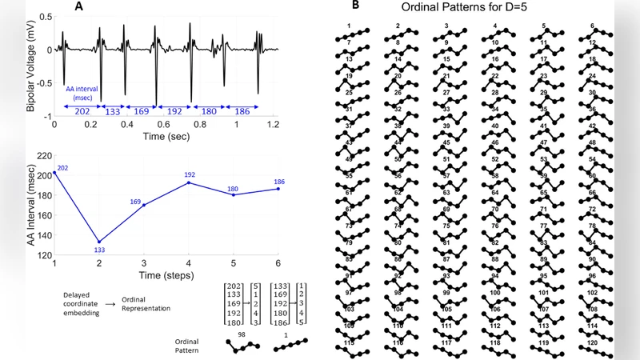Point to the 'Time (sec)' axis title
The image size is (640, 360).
pos(166,137)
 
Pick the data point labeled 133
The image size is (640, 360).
pos(99,242)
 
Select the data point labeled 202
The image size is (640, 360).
pos(54,173)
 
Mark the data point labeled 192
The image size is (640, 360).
pos(189,182)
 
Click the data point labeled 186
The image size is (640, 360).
pos(278,189)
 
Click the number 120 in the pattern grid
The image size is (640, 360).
pos(593,342)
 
